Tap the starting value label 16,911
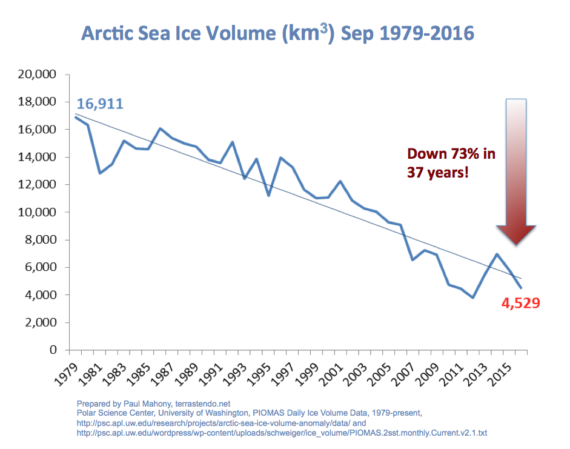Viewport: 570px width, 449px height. (x=100, y=104)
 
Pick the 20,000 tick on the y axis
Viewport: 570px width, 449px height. (x=38, y=75)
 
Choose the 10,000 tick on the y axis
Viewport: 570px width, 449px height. (x=38, y=212)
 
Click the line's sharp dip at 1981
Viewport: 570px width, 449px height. (x=100, y=173)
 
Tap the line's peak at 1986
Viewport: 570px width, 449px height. (x=160, y=128)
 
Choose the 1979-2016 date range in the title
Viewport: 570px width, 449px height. (x=424, y=33)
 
